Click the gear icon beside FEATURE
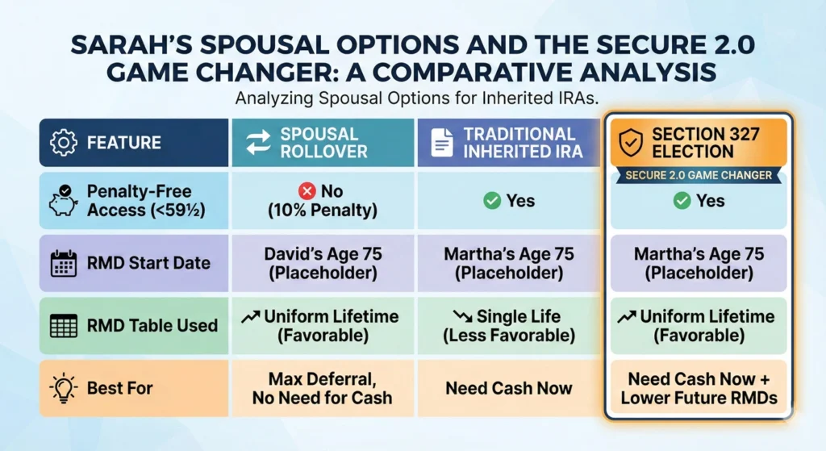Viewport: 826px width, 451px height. [64, 143]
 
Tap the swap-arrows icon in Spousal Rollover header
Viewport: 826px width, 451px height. [257, 143]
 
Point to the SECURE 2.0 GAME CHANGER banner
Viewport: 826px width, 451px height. [699, 175]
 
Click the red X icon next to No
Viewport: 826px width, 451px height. [307, 192]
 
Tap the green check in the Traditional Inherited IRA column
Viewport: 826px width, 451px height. [491, 201]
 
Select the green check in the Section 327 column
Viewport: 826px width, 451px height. [682, 201]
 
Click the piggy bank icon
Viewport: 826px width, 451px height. [63, 202]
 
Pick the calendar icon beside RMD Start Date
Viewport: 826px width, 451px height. [63, 263]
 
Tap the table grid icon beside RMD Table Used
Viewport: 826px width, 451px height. [63, 326]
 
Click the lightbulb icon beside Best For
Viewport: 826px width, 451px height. [63, 388]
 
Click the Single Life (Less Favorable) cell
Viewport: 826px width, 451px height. [508, 326]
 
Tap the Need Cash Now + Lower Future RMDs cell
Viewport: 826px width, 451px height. [699, 388]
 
